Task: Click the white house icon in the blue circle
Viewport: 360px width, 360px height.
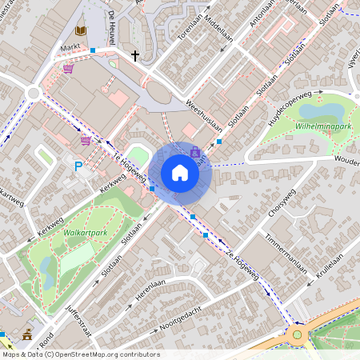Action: (x=180, y=173)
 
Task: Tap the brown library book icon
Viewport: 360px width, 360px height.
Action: (x=79, y=30)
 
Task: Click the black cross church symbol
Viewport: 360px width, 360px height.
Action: (x=135, y=56)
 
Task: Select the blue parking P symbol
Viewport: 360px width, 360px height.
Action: (x=78, y=166)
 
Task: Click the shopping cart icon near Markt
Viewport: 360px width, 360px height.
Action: (x=68, y=70)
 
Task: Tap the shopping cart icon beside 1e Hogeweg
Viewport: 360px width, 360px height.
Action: (x=86, y=141)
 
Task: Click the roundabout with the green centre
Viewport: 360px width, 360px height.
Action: (x=297, y=334)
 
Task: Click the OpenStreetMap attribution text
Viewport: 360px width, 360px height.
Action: (x=80, y=354)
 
